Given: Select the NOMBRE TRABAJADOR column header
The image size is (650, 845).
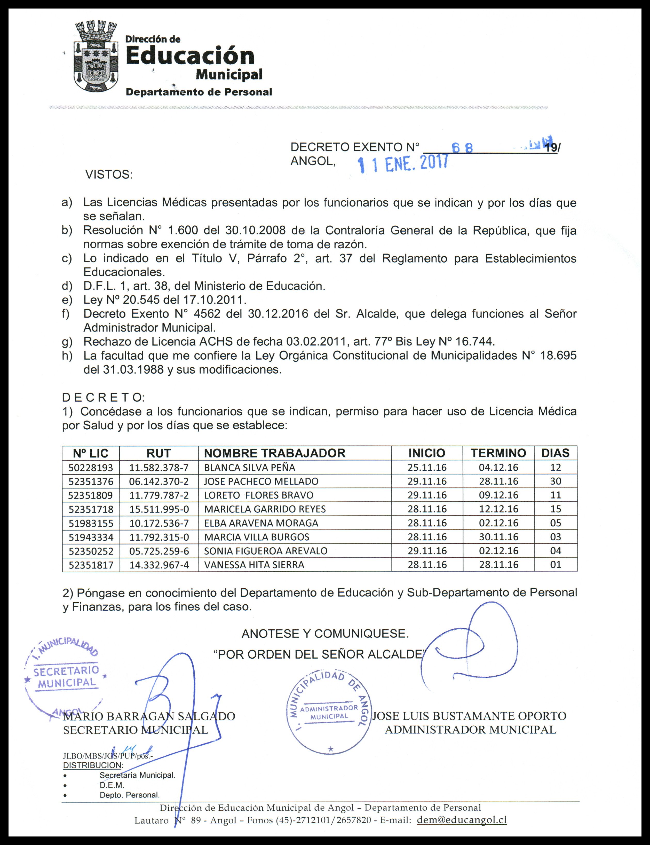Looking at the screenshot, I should (274, 453).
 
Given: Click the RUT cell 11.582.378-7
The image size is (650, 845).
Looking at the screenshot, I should (159, 467).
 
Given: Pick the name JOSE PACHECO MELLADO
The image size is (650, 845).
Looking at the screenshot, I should (261, 481).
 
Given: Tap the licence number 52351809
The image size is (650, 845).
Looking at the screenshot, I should (91, 495).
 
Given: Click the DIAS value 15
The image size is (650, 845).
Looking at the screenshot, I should (555, 509).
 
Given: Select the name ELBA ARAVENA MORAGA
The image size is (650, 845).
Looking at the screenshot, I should (261, 523).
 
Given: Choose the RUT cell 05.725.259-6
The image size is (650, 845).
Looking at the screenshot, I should (159, 551).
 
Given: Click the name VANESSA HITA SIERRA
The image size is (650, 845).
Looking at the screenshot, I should (254, 565).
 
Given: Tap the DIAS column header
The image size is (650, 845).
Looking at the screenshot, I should (555, 453).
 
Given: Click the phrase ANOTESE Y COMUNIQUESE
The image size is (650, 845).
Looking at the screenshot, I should (325, 634).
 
